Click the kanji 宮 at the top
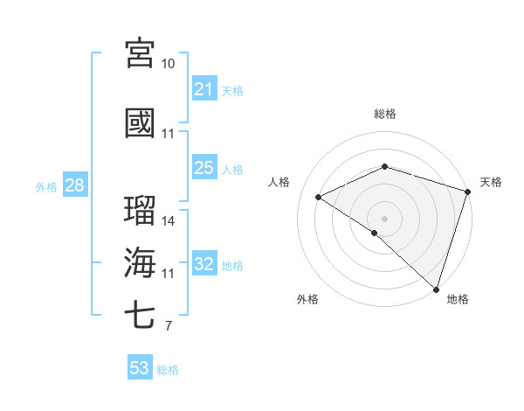coord(140,53)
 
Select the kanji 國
coord(140,123)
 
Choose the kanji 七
coord(140,316)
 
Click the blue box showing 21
coord(204,89)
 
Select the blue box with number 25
coord(204,168)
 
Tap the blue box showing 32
coord(204,264)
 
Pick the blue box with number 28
coord(74,185)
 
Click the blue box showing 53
coord(140,368)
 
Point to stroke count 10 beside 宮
coord(169,64)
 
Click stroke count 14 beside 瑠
coord(169,221)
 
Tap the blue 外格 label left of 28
coord(46,186)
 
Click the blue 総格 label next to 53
coord(168,369)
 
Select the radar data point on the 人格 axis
coord(319,198)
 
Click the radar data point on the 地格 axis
coord(437,289)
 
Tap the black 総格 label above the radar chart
coord(384,114)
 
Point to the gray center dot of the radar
coord(384,218)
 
